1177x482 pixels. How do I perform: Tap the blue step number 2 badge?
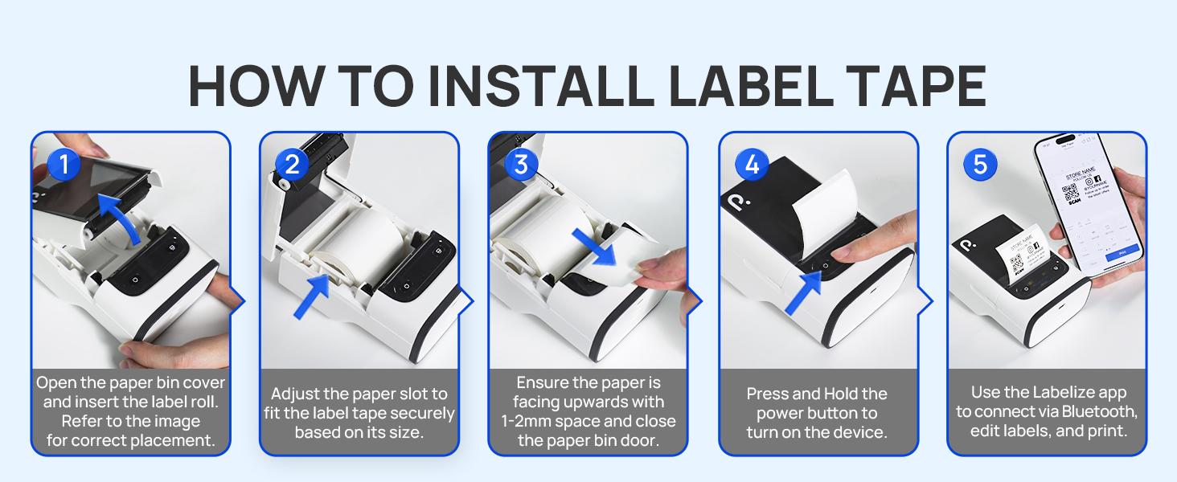point(292,164)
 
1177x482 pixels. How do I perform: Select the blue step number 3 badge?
point(521,164)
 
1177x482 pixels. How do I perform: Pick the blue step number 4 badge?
point(752,165)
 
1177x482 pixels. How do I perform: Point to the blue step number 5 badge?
point(980,164)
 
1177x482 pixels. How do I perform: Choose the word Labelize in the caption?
point(1050,393)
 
